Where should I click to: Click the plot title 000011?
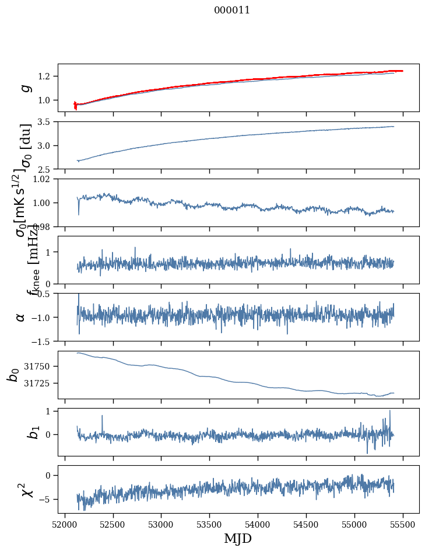(x=232, y=10)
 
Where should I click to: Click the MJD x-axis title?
(x=238, y=538)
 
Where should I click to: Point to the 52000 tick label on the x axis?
(x=65, y=524)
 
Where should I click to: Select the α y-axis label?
(x=21, y=317)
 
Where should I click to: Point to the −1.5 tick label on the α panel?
(x=43, y=341)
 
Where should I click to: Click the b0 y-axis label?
(x=13, y=374)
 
